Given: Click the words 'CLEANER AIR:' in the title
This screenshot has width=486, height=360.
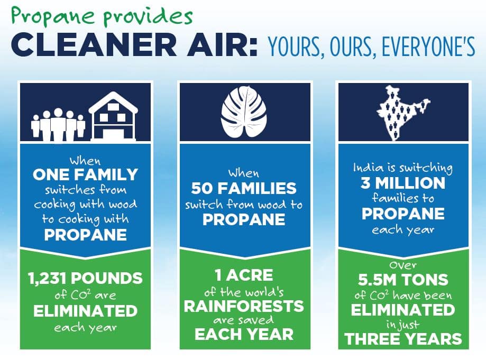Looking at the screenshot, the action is point(134,46).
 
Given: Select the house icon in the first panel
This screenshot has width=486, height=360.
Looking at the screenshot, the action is point(114,116).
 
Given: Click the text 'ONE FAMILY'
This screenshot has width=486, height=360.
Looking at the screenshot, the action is point(85,174).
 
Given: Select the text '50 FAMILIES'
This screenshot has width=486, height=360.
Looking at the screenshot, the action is point(244,188).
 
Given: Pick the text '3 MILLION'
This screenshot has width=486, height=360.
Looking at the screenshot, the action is point(403,183).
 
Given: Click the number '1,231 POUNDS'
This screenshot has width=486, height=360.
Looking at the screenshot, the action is point(85,279).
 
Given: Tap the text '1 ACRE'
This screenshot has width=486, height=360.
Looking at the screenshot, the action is point(244,275).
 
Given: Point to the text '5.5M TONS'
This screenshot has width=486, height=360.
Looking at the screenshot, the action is point(403,280).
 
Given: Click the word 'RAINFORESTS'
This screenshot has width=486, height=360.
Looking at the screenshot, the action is point(244,306).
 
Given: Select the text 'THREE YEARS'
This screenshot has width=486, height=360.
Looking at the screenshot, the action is point(403,339).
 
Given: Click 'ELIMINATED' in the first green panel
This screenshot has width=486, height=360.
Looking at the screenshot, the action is point(85,311).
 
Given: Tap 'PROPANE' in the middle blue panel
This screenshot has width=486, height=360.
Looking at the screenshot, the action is point(244,219).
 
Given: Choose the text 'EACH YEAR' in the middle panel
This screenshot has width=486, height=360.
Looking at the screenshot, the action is point(244,334).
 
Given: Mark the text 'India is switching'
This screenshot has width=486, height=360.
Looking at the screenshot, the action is point(403,168).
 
